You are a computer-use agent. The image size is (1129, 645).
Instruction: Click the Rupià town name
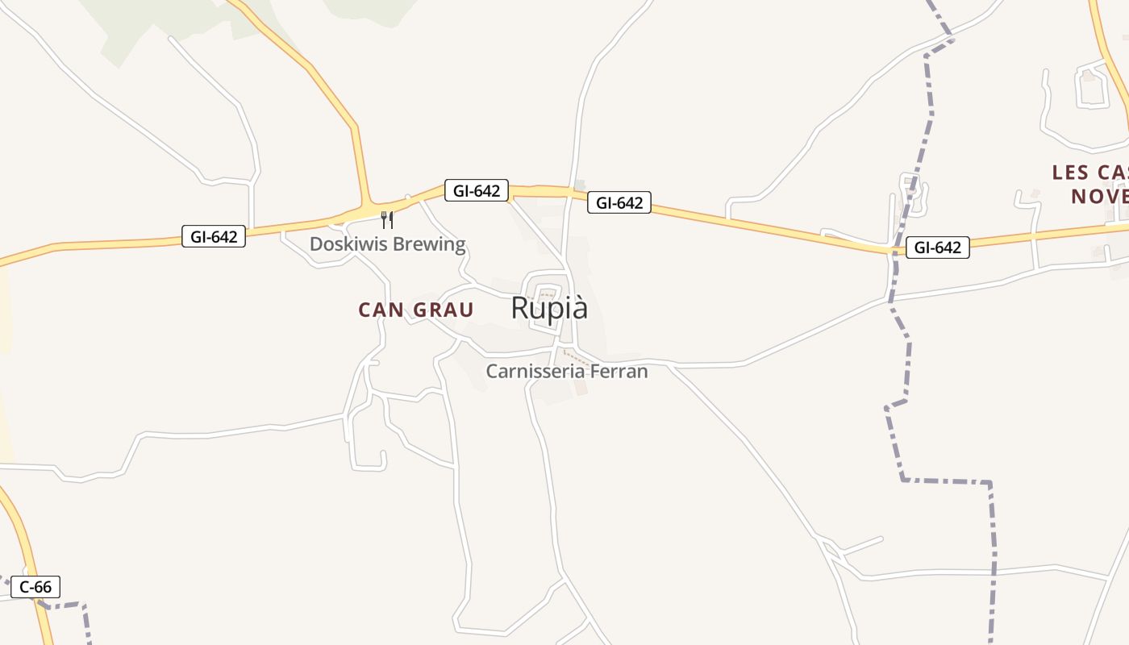(x=549, y=308)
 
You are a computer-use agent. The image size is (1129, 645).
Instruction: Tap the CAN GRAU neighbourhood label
(x=415, y=310)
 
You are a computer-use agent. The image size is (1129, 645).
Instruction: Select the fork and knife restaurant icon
(x=387, y=219)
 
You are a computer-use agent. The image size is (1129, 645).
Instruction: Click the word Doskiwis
(x=348, y=243)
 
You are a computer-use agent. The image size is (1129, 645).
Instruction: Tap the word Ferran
(x=619, y=371)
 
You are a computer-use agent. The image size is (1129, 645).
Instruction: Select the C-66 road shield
(x=35, y=587)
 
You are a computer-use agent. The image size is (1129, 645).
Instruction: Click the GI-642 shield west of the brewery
(x=214, y=236)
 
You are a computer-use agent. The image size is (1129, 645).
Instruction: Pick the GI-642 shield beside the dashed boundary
(x=937, y=248)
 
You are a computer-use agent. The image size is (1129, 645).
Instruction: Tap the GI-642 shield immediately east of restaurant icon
(x=477, y=191)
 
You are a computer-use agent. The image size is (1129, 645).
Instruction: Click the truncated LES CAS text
(x=1089, y=173)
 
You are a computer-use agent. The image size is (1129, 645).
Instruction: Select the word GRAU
(x=443, y=310)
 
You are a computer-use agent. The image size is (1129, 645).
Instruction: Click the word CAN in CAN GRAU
(x=381, y=310)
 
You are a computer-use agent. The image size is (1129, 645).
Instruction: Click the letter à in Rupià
(x=578, y=310)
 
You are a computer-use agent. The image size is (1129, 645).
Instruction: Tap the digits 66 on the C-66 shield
(x=44, y=587)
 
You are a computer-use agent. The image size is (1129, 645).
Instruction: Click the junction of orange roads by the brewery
(x=368, y=203)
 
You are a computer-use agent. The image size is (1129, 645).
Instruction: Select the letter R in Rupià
(x=521, y=308)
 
